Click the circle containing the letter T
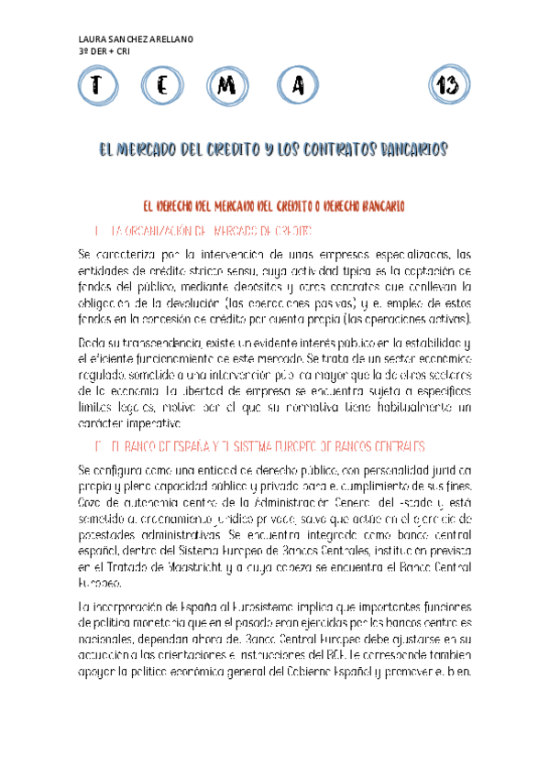pyautogui.click(x=95, y=86)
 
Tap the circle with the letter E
pyautogui.click(x=162, y=86)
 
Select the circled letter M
pyautogui.click(x=229, y=86)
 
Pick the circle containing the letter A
pyautogui.click(x=296, y=86)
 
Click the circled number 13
pyautogui.click(x=448, y=86)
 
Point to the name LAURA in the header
pyautogui.click(x=93, y=40)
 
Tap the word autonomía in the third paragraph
pyautogui.click(x=150, y=505)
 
